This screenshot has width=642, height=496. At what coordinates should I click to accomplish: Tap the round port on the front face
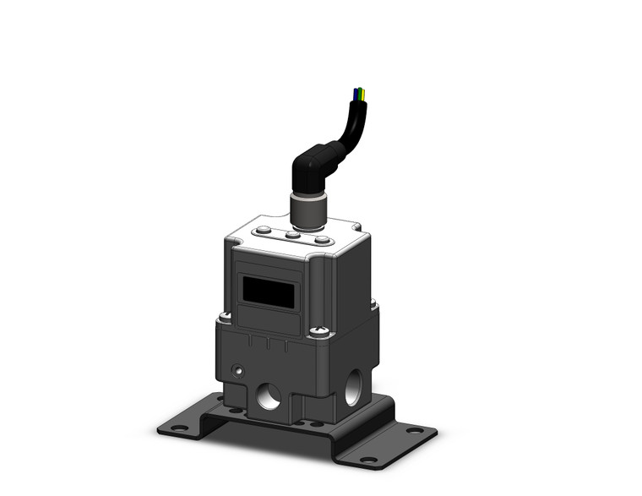coord(269,395)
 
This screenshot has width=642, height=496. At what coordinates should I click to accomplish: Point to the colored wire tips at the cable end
coord(360,93)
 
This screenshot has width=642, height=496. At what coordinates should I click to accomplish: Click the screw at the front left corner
coord(225,318)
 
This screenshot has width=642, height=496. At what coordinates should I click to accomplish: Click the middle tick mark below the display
coord(267,344)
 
